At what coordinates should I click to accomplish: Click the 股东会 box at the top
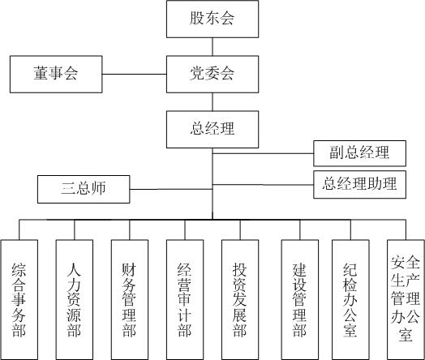tap(212, 19)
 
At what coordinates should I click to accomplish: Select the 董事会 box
tap(56, 74)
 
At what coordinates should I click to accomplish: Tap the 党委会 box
tap(212, 74)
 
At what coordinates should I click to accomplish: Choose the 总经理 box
tap(212, 127)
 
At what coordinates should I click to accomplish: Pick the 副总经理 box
tap(359, 152)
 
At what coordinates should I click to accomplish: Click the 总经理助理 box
tap(359, 184)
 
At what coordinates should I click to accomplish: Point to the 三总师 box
tap(84, 190)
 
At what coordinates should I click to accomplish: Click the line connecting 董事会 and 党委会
tap(134, 75)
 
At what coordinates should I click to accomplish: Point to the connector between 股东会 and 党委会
tap(212, 46)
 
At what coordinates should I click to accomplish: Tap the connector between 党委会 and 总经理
tap(212, 101)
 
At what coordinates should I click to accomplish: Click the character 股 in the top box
tap(197, 19)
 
